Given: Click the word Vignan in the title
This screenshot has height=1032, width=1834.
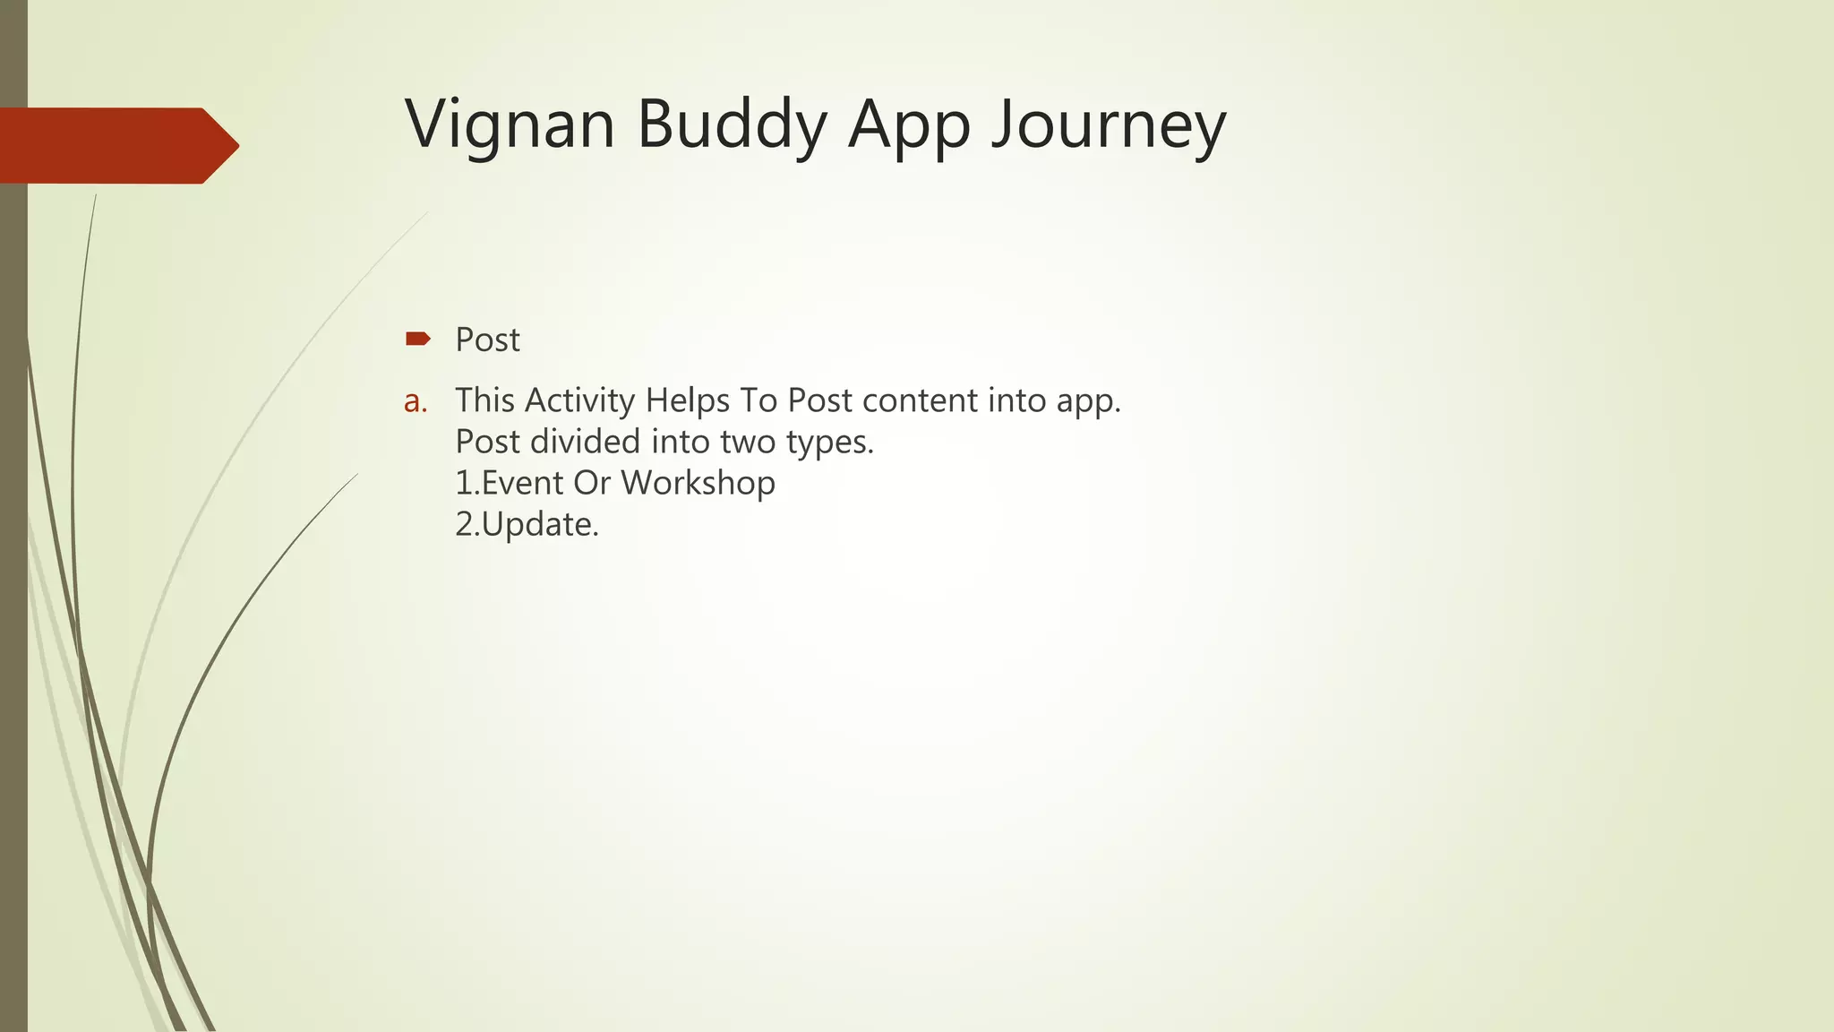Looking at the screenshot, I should click(x=510, y=125).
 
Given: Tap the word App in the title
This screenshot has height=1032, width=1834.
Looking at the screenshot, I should click(x=909, y=125).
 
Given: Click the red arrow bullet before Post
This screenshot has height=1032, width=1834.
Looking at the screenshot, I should click(x=417, y=339).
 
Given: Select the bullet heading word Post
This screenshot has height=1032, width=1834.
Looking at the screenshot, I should click(x=487, y=340).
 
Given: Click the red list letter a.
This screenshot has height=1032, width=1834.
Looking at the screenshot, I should click(x=415, y=401).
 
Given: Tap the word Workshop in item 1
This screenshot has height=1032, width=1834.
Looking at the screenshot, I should click(x=698, y=483).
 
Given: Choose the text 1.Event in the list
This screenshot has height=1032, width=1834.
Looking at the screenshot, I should click(x=509, y=483).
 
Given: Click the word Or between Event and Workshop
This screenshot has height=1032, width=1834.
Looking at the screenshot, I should click(x=591, y=483).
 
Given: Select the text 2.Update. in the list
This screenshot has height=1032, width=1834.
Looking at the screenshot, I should click(x=527, y=525).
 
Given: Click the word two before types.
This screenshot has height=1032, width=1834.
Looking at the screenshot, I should click(x=746, y=442).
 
